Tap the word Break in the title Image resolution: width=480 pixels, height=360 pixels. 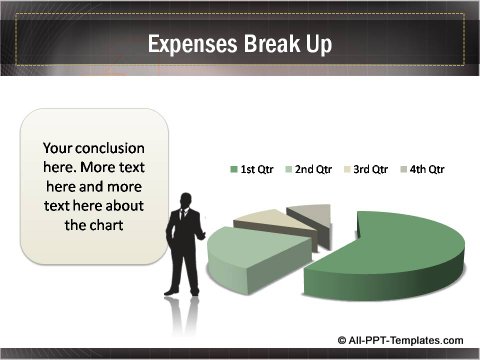[x=266, y=45]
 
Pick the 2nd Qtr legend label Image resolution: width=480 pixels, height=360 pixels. [x=313, y=170]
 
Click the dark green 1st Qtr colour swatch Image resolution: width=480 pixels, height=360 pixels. [x=233, y=170]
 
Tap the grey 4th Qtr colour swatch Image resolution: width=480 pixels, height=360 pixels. [x=406, y=170]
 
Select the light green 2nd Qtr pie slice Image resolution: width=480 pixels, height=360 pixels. [x=245, y=255]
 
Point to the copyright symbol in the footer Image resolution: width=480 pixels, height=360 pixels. [x=343, y=340]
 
